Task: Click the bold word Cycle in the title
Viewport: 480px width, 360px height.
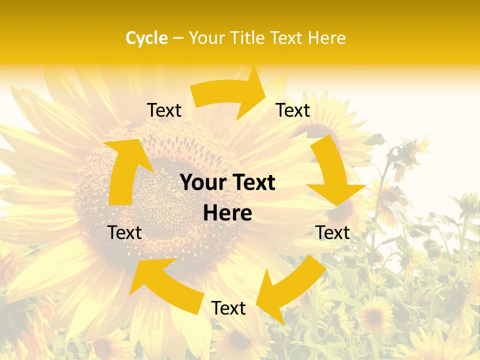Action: [x=146, y=38]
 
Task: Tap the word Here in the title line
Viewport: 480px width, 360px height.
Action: [x=327, y=38]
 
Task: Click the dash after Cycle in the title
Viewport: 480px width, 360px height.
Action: [x=178, y=38]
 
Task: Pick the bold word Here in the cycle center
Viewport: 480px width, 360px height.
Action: [x=227, y=213]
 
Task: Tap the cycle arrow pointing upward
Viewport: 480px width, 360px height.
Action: [x=125, y=170]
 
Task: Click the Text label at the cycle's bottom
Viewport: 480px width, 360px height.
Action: [x=228, y=308]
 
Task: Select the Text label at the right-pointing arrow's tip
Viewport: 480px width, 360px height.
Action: [x=293, y=110]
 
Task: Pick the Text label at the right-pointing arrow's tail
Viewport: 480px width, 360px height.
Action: [x=164, y=110]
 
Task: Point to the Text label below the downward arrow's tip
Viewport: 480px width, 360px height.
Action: [x=332, y=232]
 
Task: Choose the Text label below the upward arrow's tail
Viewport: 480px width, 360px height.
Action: [x=124, y=232]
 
